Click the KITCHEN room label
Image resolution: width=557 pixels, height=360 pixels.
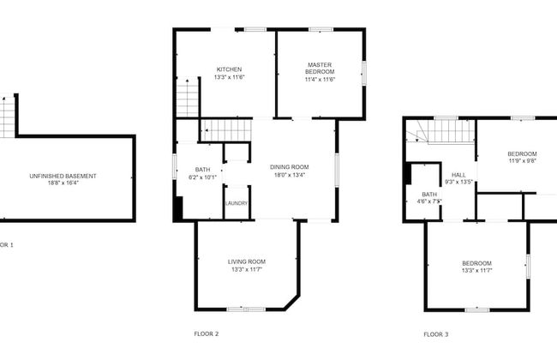pos(229,69)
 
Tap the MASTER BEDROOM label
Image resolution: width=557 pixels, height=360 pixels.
pos(320,68)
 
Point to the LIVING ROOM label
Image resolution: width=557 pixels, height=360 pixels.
pos(246,261)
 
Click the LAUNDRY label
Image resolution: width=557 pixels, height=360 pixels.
pos(237,203)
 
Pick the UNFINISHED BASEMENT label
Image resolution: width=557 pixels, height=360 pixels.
pos(63,176)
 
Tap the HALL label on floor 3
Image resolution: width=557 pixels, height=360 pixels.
pos(459,173)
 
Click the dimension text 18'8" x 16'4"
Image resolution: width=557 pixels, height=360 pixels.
pos(63,183)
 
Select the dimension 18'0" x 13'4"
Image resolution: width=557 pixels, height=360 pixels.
pos(289,175)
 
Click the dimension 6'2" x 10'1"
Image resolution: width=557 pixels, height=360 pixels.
pos(202,177)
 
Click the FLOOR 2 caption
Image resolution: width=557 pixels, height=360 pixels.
pos(207,333)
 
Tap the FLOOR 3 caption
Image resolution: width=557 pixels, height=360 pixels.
pos(435,333)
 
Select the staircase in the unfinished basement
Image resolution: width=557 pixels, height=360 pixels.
pos(8,115)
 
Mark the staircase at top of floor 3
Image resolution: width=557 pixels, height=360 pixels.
pos(447,131)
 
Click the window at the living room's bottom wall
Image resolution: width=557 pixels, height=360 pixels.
pos(240,309)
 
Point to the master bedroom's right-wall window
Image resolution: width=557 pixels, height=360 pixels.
pos(364,73)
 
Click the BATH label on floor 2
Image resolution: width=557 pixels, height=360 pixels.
pos(202,170)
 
